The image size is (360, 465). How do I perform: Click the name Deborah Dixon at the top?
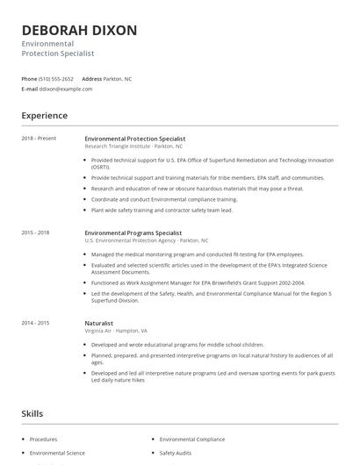(x=80, y=31)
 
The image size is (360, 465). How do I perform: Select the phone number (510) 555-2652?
(x=57, y=79)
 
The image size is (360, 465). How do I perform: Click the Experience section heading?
(x=45, y=116)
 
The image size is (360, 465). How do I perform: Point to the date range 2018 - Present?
(x=40, y=139)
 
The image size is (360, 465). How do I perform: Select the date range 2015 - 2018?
(x=36, y=232)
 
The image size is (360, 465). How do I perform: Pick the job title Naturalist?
(x=99, y=323)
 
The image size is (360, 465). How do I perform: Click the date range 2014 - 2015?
(x=36, y=323)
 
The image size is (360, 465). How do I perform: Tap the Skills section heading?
(x=32, y=412)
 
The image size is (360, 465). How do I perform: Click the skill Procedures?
(x=43, y=439)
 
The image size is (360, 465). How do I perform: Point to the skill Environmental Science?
(x=57, y=453)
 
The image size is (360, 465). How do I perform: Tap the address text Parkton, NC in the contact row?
(x=118, y=79)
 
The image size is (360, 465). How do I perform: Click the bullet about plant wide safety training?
(x=162, y=211)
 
